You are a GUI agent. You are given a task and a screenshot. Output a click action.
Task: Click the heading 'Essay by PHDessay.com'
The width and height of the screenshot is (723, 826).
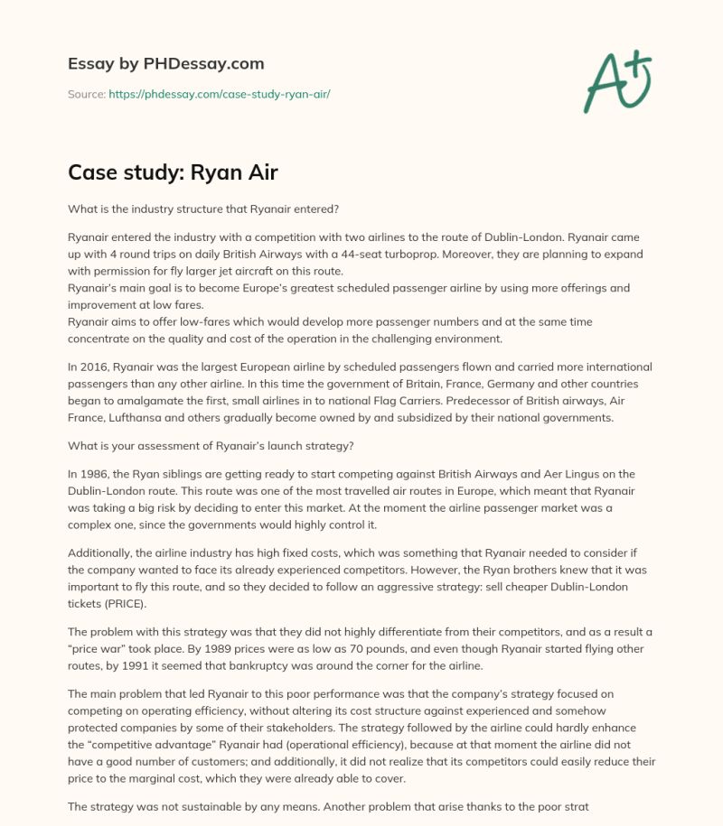click(165, 64)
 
